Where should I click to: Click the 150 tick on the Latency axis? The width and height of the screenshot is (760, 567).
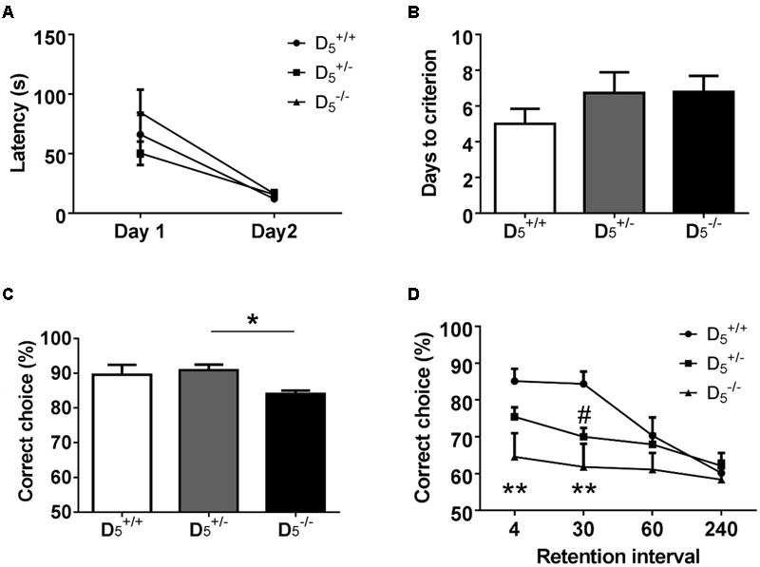coord(52,37)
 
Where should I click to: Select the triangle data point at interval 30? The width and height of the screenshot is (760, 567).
coord(583,466)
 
